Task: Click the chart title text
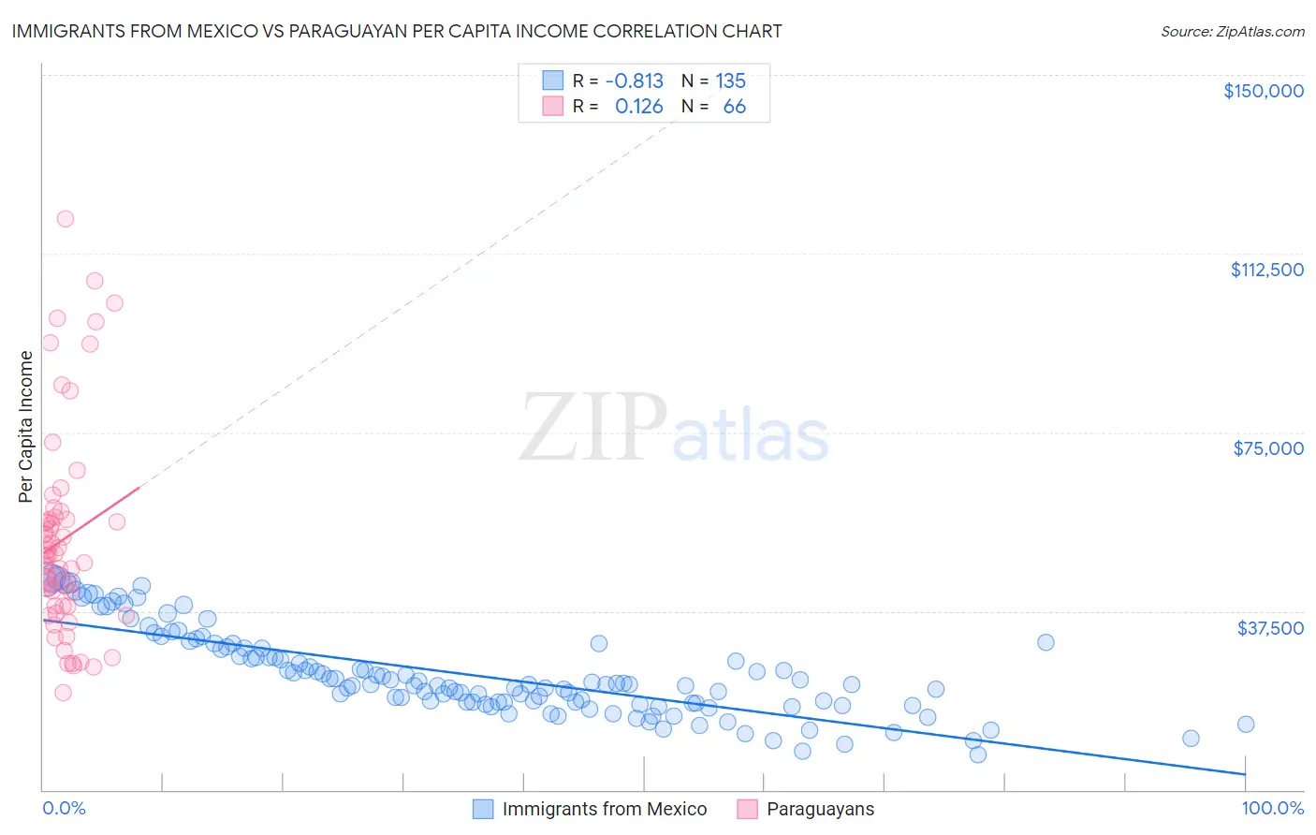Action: tap(396, 31)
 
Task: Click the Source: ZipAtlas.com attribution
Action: tap(1232, 31)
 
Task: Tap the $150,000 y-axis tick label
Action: tap(1263, 91)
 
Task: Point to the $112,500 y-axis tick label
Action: tap(1266, 270)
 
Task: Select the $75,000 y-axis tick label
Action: tap(1267, 448)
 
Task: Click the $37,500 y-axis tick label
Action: tap(1269, 628)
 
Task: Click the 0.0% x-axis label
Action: tap(64, 809)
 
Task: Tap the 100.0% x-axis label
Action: tap(1272, 809)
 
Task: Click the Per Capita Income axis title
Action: tap(26, 427)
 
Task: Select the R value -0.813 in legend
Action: tap(634, 81)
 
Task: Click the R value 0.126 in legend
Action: tap(638, 107)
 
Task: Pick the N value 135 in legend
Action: tap(730, 81)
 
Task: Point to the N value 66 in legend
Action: tap(734, 107)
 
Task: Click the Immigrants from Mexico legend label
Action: tap(604, 810)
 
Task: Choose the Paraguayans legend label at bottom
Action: tap(820, 810)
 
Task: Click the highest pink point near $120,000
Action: tap(66, 219)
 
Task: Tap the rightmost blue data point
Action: tap(1245, 724)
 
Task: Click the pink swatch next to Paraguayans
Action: tap(747, 810)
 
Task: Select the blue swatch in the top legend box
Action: tap(552, 81)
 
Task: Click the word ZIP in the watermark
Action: tap(593, 428)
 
